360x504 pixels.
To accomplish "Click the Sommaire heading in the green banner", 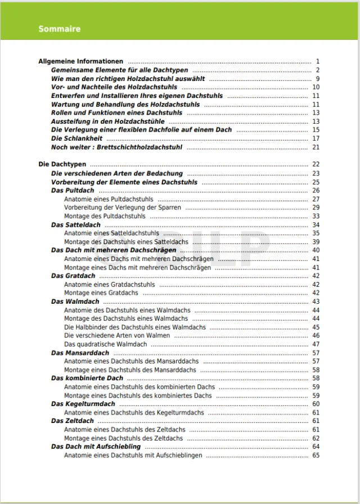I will coord(60,29).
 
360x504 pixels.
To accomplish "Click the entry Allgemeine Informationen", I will coord(81,61).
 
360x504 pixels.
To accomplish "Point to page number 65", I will coord(316,456).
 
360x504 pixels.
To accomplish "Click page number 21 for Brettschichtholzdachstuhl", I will coord(316,147).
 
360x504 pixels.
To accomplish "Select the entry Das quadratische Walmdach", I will coord(106,344).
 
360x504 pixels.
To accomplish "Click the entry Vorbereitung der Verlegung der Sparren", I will coord(123,208).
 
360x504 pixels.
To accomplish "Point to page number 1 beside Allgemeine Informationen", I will coord(318,61).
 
